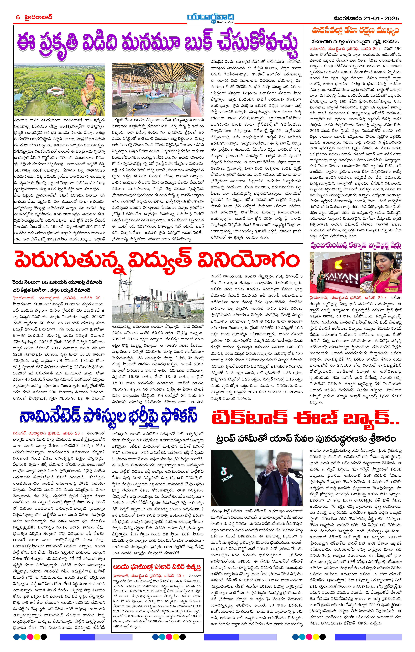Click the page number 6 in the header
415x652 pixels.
pos(18,17)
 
